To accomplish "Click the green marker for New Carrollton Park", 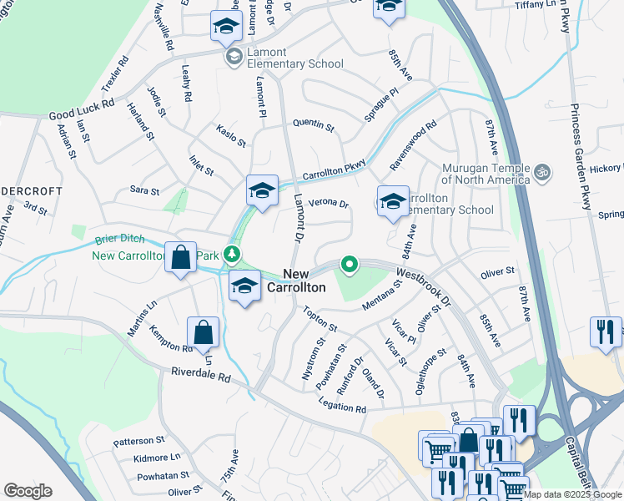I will click(236, 254).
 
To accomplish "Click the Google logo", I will click(28, 491).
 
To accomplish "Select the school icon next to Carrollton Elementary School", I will click(393, 201).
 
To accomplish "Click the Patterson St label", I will click(139, 440).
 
